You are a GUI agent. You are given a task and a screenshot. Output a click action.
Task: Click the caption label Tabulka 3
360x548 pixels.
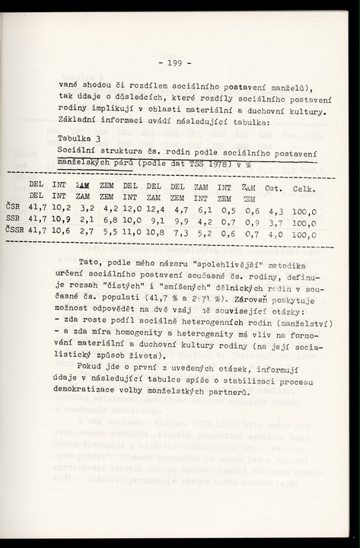click(x=79, y=139)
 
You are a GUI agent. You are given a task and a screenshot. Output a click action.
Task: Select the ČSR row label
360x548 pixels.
click(x=13, y=206)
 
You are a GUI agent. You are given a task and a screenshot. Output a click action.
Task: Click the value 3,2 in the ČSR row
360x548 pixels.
click(x=86, y=206)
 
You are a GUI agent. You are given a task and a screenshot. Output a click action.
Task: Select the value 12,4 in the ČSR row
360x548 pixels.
click(x=153, y=206)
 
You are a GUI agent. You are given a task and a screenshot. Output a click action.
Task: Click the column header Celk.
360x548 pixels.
click(x=304, y=188)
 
